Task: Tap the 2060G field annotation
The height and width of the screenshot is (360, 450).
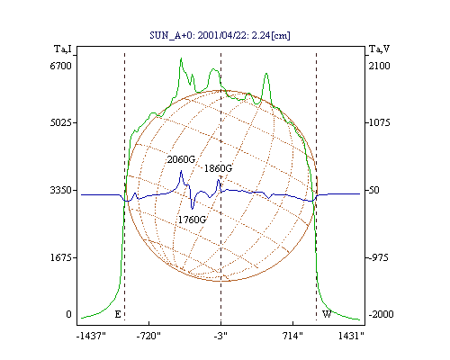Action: tap(181, 159)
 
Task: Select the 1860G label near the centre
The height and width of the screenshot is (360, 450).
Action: tap(218, 168)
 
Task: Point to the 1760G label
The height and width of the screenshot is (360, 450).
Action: tap(192, 220)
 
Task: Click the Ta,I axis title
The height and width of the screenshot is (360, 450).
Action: tap(63, 49)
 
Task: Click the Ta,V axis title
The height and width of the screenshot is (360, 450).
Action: tap(379, 49)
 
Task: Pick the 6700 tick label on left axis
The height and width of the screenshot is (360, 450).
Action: tap(60, 66)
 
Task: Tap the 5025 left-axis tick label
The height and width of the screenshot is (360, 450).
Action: tap(60, 122)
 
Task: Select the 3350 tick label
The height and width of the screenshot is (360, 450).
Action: tap(60, 190)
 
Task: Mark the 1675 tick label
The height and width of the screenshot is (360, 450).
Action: tap(60, 257)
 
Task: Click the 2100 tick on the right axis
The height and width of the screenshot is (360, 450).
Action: tap(380, 66)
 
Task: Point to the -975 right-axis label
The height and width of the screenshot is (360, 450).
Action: tap(378, 257)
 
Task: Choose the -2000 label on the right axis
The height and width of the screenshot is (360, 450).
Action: tap(381, 314)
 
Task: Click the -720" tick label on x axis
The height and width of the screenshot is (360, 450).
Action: tap(148, 336)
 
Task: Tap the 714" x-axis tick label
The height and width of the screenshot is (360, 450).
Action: tap(292, 336)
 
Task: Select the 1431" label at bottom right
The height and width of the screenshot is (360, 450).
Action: tap(351, 336)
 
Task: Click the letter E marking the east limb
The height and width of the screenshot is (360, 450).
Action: tap(118, 314)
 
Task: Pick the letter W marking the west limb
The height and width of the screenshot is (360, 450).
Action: tap(327, 314)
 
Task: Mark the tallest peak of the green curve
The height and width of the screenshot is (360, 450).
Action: tap(181, 58)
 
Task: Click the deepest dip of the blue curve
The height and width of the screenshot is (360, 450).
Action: tap(192, 209)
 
